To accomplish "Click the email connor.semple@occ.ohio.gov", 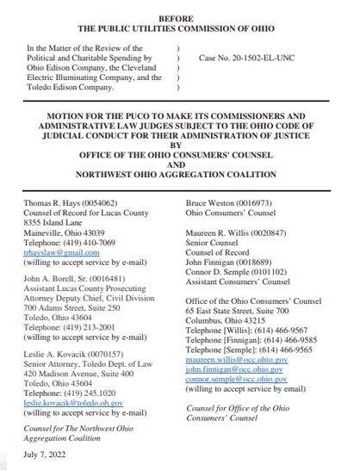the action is click(x=237, y=380).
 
